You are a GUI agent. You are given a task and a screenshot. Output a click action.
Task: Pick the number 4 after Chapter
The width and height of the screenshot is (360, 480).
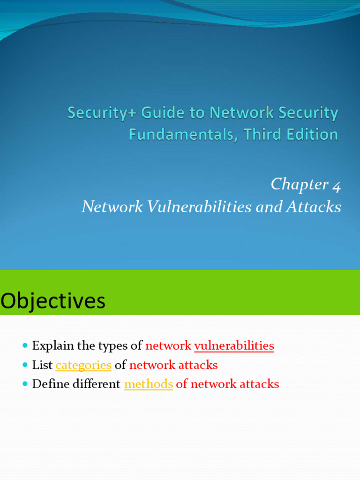coord(337,185)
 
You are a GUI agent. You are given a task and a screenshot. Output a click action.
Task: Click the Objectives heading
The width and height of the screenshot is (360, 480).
coord(53,301)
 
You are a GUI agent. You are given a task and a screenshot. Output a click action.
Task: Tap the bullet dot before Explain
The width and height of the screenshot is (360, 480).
coord(25,346)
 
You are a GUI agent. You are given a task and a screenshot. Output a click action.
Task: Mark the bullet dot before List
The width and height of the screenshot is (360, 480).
coord(25,365)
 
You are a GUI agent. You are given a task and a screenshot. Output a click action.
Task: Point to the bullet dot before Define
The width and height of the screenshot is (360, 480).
coord(25,384)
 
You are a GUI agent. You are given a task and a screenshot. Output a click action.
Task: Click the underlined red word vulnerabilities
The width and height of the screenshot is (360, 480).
coord(234,346)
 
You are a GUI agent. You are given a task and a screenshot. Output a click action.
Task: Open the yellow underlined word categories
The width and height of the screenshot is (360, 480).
coord(83,365)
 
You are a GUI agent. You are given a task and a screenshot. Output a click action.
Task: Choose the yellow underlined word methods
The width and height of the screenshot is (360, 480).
coord(148,384)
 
